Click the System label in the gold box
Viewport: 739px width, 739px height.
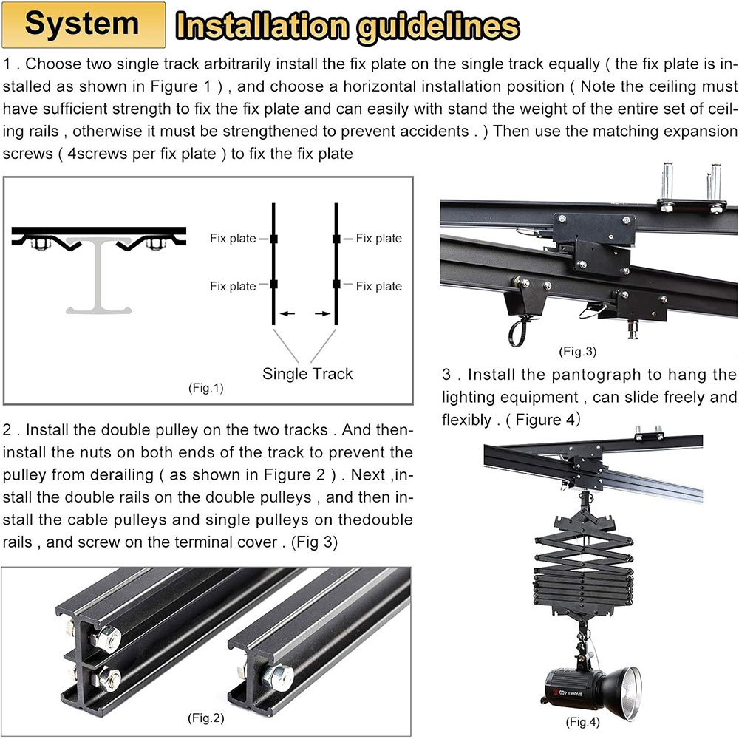pyautogui.click(x=82, y=24)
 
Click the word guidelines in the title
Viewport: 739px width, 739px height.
pyautogui.click(x=437, y=27)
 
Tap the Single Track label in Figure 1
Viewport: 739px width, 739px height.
pyautogui.click(x=307, y=374)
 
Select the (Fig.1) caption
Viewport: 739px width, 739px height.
pyautogui.click(x=206, y=389)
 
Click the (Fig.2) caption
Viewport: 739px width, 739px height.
pyautogui.click(x=206, y=718)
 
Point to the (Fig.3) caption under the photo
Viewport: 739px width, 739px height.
pyautogui.click(x=578, y=352)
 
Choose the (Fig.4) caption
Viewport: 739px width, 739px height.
pyautogui.click(x=583, y=722)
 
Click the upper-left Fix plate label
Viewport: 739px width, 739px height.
pyautogui.click(x=233, y=239)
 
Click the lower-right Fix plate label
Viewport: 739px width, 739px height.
pyautogui.click(x=379, y=286)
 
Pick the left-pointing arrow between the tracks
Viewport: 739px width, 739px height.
pyautogui.click(x=287, y=313)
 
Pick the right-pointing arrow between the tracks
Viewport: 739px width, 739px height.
pyautogui.click(x=323, y=313)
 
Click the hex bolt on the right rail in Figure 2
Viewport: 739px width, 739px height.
pyautogui.click(x=278, y=677)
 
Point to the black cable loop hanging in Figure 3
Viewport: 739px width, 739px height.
pyautogui.click(x=517, y=330)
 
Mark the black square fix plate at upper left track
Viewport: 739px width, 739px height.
pyautogui.click(x=273, y=239)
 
